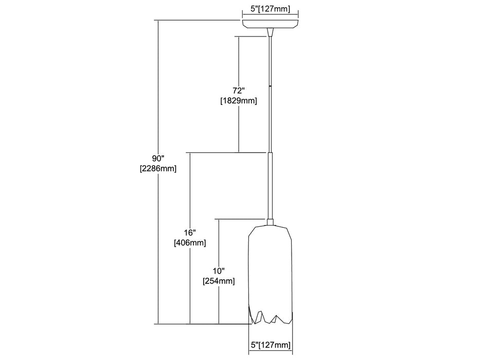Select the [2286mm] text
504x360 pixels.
tap(158, 168)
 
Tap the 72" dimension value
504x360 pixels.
tap(238, 90)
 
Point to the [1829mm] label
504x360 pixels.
tap(238, 101)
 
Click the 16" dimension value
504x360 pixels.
tap(190, 231)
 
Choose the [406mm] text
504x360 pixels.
tap(190, 243)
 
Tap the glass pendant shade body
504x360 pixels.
tap(271, 267)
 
